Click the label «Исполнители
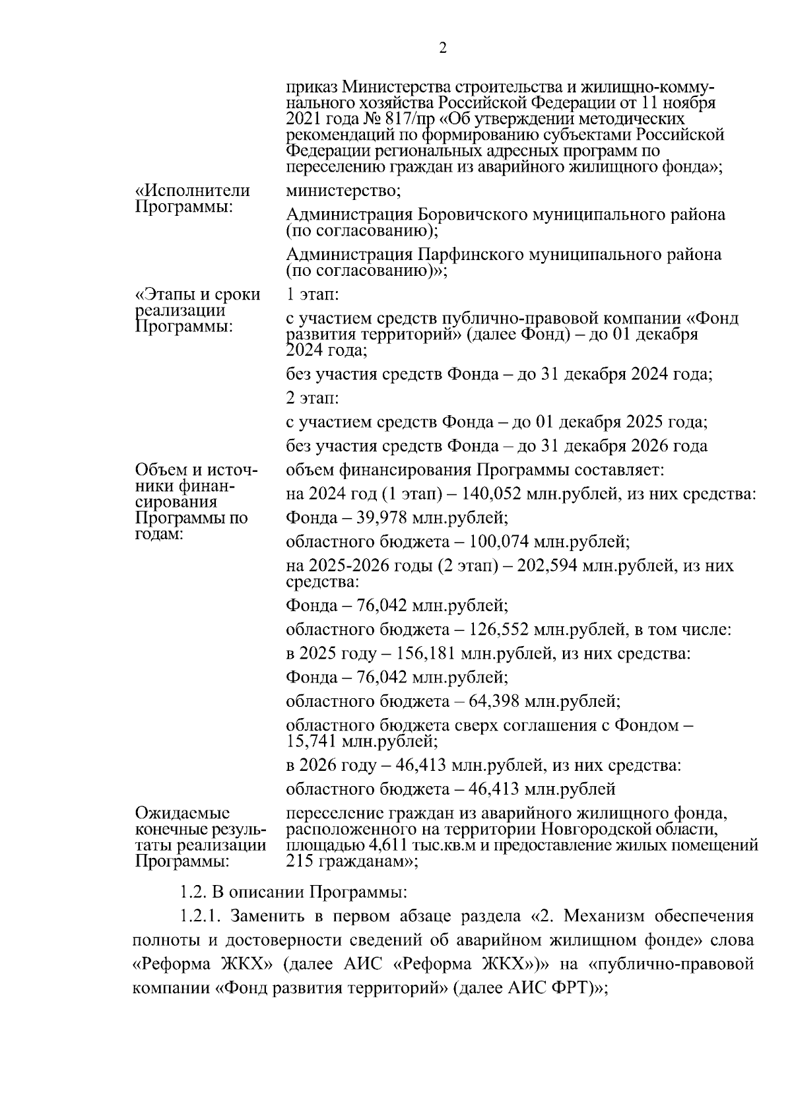pyautogui.click(x=192, y=191)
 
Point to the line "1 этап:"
pyautogui.click(x=312, y=295)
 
